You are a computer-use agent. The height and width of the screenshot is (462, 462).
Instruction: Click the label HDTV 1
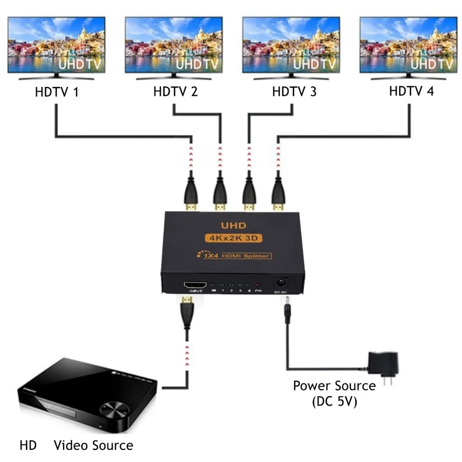click(57, 92)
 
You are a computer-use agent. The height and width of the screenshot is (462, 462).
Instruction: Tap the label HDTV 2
click(175, 92)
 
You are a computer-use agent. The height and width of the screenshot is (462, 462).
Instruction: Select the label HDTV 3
click(294, 92)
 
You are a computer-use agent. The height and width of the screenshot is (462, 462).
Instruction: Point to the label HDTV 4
click(411, 91)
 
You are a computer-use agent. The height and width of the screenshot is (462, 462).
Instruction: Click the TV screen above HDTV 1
click(57, 45)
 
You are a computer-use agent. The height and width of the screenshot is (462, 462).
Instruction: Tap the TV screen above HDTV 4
click(409, 45)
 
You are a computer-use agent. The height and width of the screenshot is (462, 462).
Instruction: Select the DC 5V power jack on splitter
click(280, 283)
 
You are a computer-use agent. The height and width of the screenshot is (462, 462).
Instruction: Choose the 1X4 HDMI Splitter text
click(236, 257)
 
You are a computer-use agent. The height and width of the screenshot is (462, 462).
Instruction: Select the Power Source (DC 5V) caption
click(334, 393)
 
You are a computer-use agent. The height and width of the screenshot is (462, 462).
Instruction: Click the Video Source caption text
click(93, 445)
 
